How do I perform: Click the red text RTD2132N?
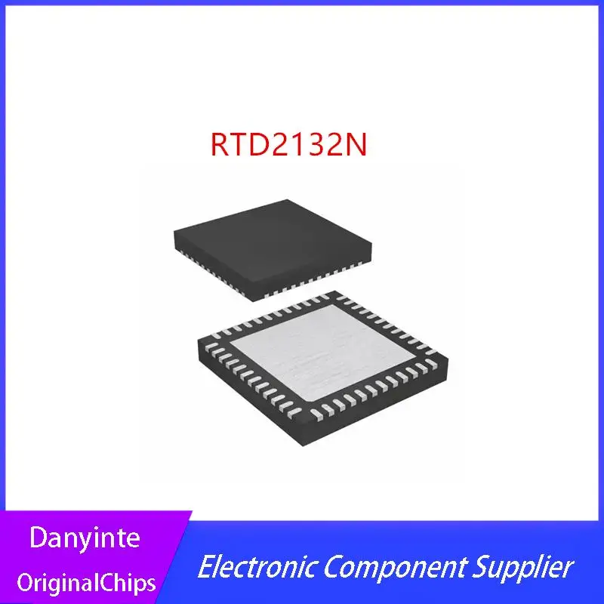click(x=288, y=143)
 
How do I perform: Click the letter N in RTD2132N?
click(x=356, y=143)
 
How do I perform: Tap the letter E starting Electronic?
click(x=206, y=566)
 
